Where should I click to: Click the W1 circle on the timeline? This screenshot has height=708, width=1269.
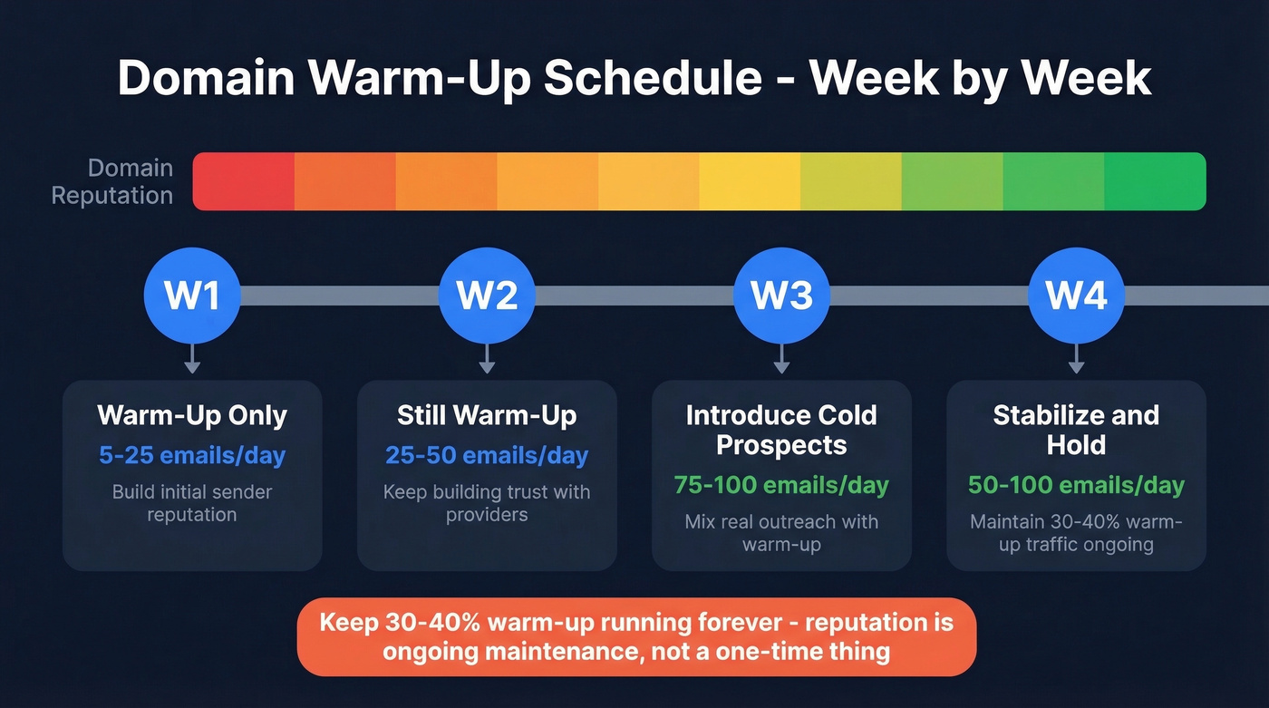[x=192, y=296]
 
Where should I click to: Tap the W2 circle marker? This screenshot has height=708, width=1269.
[x=487, y=296]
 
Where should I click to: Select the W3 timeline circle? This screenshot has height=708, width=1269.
[x=781, y=296]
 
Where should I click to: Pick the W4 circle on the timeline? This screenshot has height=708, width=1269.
[x=1076, y=296]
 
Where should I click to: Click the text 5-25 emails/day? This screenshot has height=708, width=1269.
[x=192, y=455]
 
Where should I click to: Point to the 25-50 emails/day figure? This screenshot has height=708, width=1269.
[x=487, y=455]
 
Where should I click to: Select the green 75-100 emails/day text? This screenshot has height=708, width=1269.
[x=781, y=485]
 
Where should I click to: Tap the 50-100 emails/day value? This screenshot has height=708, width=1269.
[x=1076, y=485]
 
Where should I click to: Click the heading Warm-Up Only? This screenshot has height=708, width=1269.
[x=192, y=416]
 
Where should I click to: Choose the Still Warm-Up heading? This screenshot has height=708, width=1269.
[x=487, y=416]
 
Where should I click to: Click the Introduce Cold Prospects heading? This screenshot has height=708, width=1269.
[x=781, y=430]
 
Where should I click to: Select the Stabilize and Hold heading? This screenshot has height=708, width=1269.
[x=1076, y=430]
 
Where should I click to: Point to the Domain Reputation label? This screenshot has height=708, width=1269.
[x=112, y=181]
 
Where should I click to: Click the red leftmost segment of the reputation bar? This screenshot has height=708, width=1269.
[x=244, y=181]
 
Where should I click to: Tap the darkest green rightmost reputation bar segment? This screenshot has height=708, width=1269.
[x=1155, y=181]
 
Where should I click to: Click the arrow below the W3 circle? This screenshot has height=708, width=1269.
[x=781, y=360]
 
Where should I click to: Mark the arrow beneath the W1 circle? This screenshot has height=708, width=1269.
[x=192, y=360]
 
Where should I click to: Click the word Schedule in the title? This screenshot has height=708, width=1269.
[x=653, y=79]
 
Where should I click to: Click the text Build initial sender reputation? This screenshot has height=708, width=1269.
[x=192, y=503]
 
